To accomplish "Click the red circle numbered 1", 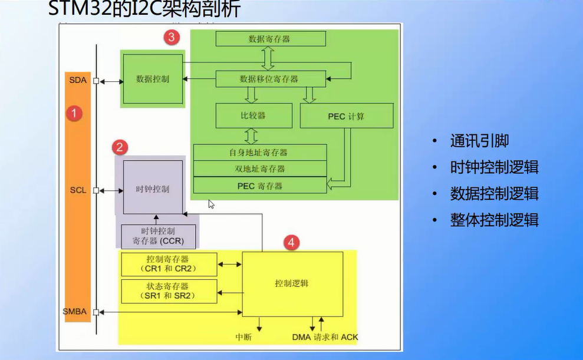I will click(74, 113).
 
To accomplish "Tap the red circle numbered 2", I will click(120, 147).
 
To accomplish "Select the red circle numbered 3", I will click(171, 38).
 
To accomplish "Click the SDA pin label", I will click(78, 80).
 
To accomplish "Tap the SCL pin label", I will click(78, 190).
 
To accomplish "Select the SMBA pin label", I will click(77, 311).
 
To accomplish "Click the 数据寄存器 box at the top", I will click(270, 39).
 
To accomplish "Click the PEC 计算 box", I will click(346, 116).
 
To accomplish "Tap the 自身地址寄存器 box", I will click(259, 152).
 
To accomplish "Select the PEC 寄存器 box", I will click(259, 186).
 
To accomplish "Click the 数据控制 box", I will click(153, 78).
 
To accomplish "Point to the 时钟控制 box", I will click(153, 189).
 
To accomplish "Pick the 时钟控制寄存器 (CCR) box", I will click(157, 236).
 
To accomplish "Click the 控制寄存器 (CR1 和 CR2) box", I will click(169, 264).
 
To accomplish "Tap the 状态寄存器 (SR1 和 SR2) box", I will click(169, 290).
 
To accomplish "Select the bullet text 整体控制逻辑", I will click(494, 220).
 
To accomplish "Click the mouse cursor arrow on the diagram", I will click(210, 203).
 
